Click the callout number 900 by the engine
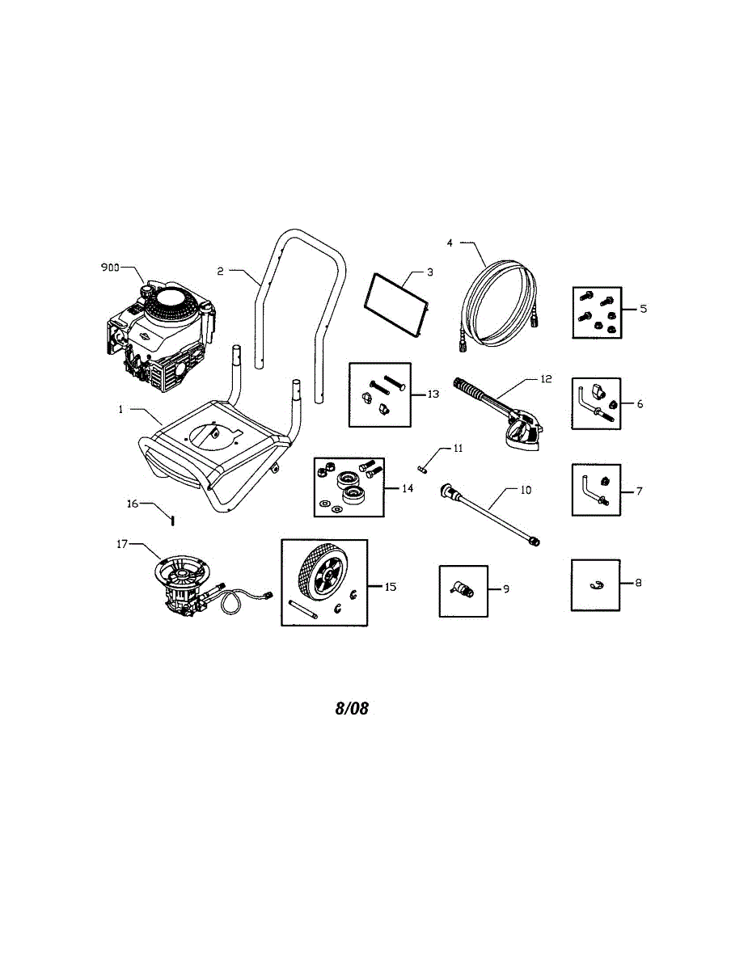click(x=110, y=267)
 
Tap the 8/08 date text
click(x=352, y=709)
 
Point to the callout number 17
click(x=123, y=545)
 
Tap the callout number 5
click(x=644, y=309)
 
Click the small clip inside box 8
click(x=596, y=585)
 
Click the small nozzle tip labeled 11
click(x=423, y=466)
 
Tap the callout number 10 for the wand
click(x=526, y=490)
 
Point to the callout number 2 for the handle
click(x=221, y=272)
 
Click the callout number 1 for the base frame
click(x=120, y=410)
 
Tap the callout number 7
click(x=639, y=491)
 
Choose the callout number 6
click(x=640, y=403)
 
